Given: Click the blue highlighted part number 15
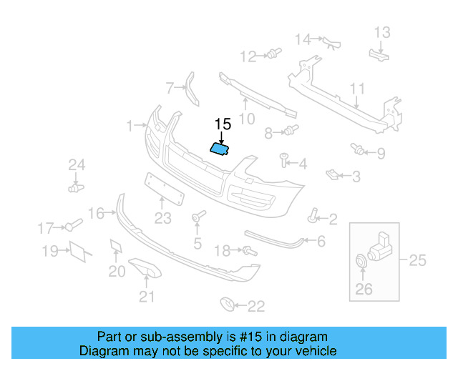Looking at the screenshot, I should (x=219, y=149).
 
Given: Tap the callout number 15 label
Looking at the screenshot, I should (x=223, y=124).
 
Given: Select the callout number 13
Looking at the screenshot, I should (x=382, y=31).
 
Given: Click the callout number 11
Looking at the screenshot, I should (x=357, y=89).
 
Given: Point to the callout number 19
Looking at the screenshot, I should (x=49, y=251).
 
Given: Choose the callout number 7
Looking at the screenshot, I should (x=170, y=88).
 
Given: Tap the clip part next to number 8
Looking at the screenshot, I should (x=290, y=130).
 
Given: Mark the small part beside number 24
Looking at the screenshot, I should (x=74, y=187).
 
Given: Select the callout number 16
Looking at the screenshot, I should (x=96, y=212).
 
